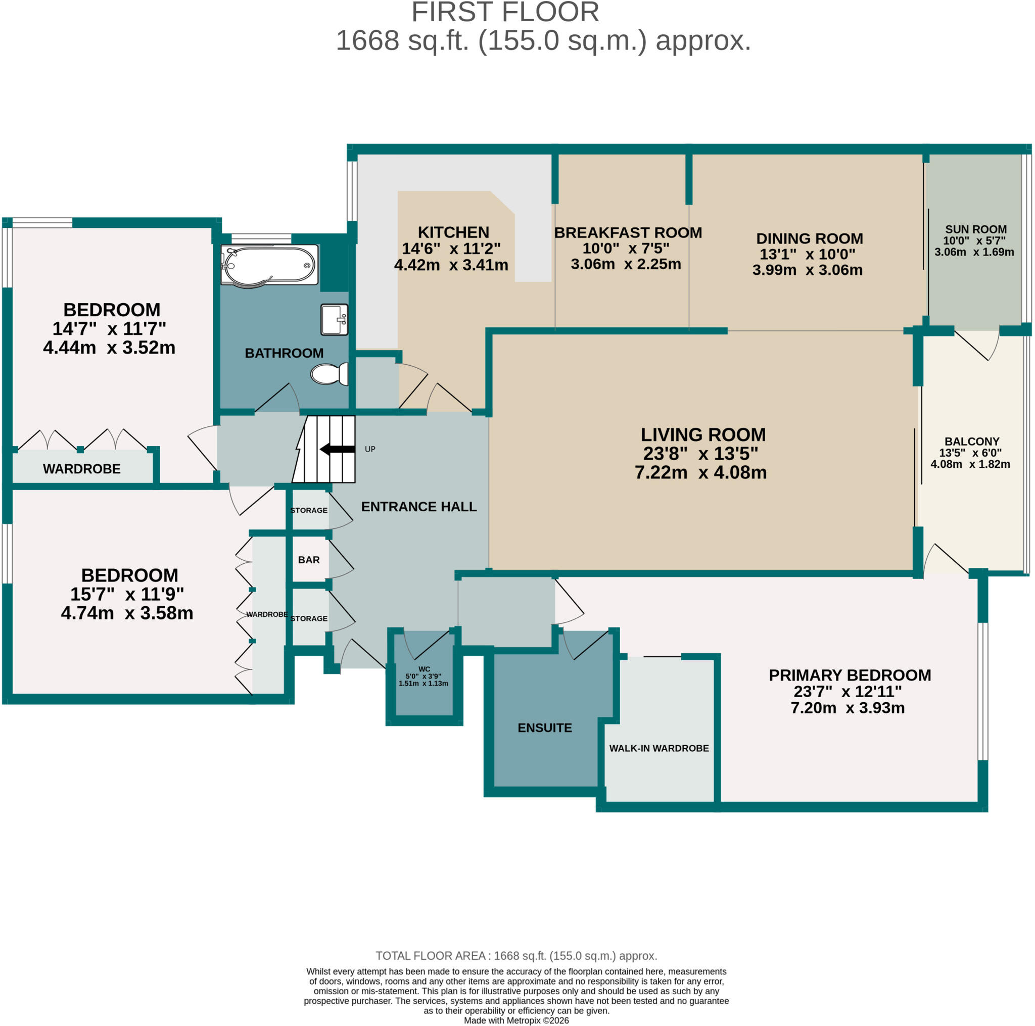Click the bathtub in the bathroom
point(269,265)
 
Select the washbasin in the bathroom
point(334,320)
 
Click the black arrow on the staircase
point(337,449)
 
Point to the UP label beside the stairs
point(370,449)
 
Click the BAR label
point(309,560)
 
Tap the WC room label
point(424,669)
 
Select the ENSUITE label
point(545,728)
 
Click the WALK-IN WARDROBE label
point(659,748)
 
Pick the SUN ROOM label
point(975,229)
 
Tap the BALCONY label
point(972,441)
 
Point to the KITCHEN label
point(453,232)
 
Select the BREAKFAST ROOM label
point(628,232)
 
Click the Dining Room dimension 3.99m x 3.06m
point(807,270)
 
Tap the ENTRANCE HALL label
point(419,507)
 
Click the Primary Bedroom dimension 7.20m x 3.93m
point(848,708)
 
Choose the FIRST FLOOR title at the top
point(505,12)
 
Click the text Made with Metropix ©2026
point(516,1020)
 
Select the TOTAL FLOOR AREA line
point(516,956)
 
